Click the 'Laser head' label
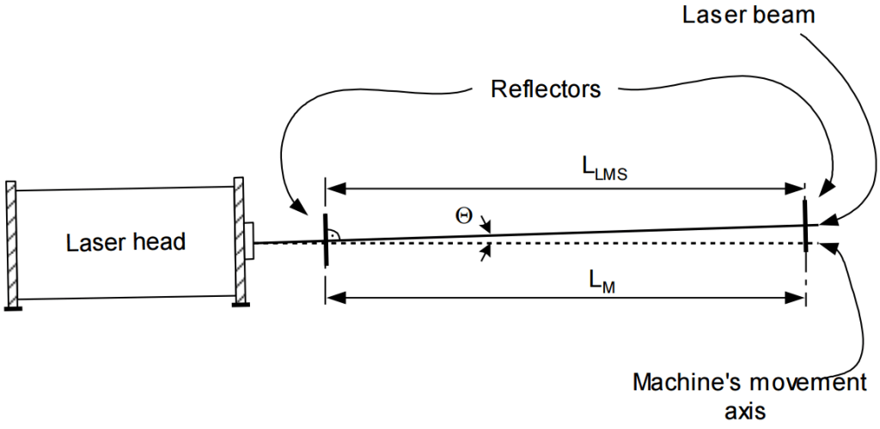click(x=125, y=243)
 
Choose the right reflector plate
click(x=805, y=223)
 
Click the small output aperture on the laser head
click(x=249, y=241)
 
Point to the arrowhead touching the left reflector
click(x=302, y=208)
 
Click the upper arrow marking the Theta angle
click(x=486, y=226)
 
